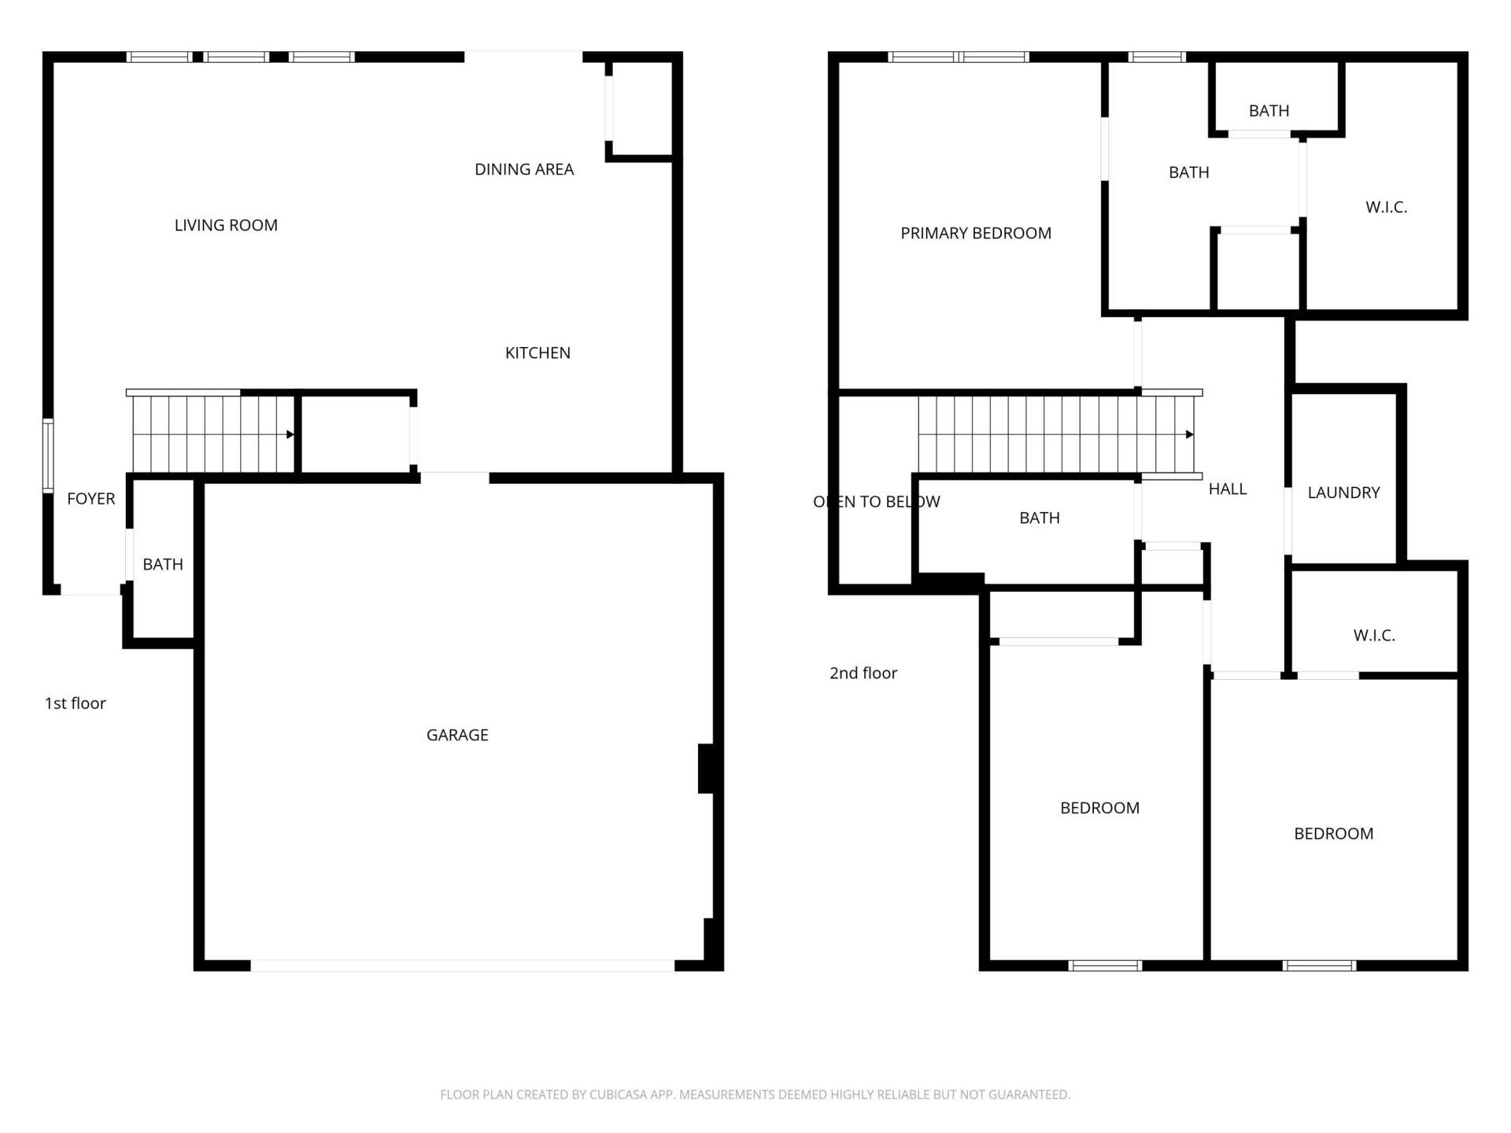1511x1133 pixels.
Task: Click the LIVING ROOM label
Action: [x=226, y=225]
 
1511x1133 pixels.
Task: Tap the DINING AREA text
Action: [x=524, y=169]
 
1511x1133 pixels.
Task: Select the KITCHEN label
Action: [x=538, y=352]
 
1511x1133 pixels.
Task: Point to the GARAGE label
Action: [x=457, y=735]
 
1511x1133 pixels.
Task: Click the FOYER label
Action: [x=91, y=499]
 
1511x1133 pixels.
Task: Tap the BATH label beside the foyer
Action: [x=162, y=564]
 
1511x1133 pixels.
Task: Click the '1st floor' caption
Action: [x=75, y=703]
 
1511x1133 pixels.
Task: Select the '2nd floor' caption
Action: [x=863, y=673]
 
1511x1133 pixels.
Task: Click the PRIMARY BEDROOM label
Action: [x=975, y=233]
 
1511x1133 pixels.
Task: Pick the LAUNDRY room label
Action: [x=1343, y=493]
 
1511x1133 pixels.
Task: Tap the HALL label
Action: [x=1227, y=489]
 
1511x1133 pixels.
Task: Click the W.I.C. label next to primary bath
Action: [x=1386, y=207]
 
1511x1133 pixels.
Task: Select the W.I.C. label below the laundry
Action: [x=1374, y=635]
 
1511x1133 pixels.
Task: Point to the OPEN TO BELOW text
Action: [x=876, y=501]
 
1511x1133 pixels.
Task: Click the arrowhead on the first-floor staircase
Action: [x=290, y=434]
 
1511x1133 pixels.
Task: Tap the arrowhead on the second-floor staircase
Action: [x=1189, y=434]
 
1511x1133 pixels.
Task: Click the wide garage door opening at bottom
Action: [x=462, y=965]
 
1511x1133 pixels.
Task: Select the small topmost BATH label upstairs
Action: [x=1269, y=111]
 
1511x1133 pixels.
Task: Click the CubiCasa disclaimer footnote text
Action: [x=755, y=1094]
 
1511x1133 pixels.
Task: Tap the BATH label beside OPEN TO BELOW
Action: [x=1039, y=518]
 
